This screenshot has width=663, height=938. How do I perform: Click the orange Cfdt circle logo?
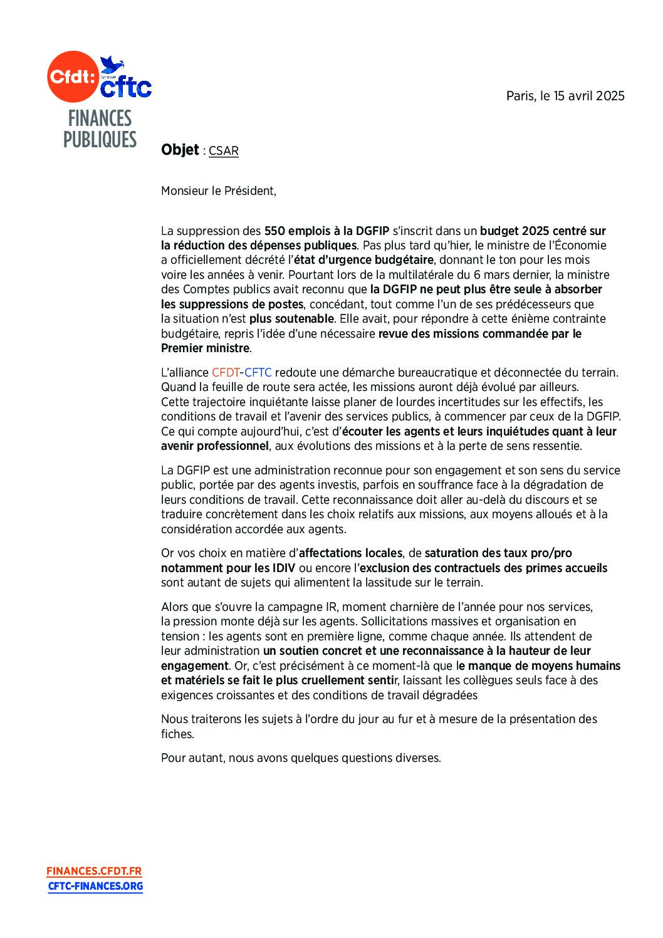click(x=73, y=76)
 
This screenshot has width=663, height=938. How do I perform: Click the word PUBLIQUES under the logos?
click(x=100, y=140)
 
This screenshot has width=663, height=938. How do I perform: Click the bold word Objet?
click(x=180, y=150)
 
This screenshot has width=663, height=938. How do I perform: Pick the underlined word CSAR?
click(x=224, y=151)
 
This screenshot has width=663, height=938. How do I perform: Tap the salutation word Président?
click(x=248, y=191)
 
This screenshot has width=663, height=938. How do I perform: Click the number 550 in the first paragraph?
click(x=274, y=231)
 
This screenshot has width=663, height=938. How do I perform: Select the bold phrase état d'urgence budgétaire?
click(x=364, y=260)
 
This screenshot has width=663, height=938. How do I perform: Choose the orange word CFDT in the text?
click(x=226, y=373)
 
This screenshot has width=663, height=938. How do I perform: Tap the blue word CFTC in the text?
click(x=258, y=373)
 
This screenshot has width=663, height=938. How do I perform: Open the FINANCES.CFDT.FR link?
click(x=94, y=871)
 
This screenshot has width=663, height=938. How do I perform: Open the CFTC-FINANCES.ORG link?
click(x=96, y=886)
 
